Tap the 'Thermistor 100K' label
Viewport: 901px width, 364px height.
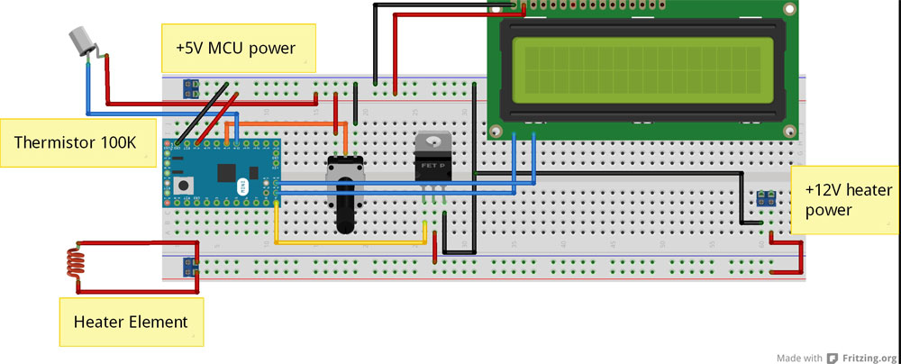click(x=74, y=142)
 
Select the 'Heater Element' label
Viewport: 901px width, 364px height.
click(x=130, y=321)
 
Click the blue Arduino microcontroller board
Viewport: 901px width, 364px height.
click(x=220, y=173)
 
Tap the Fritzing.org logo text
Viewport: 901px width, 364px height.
click(x=869, y=356)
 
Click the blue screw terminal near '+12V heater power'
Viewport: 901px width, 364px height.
click(x=768, y=196)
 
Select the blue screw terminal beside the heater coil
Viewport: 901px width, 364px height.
click(x=191, y=267)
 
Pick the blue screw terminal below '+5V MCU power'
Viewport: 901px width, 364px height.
click(x=192, y=88)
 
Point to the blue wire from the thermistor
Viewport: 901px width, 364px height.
click(x=87, y=90)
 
